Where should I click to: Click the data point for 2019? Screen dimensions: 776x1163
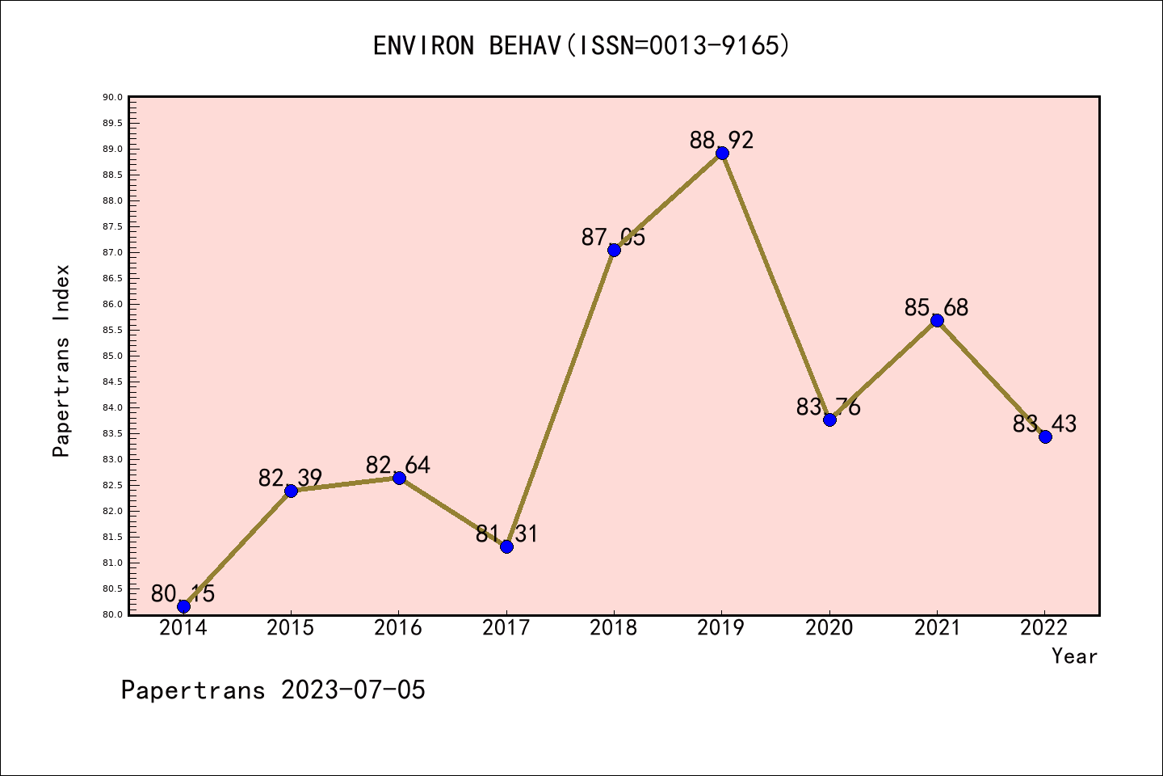[722, 154]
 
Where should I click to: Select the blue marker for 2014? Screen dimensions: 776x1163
[183, 606]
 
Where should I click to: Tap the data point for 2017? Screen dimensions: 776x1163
[506, 546]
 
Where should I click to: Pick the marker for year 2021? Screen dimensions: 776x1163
[937, 321]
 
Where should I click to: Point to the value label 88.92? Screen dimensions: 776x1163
[721, 140]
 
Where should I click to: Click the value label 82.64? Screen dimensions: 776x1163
[398, 465]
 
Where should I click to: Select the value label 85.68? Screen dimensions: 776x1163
[936, 307]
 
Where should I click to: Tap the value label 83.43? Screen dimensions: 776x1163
[1044, 424]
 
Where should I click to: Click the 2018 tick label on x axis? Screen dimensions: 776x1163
[614, 628]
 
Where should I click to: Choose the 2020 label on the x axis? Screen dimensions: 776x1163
[829, 628]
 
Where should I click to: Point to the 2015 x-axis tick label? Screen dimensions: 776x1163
[291, 628]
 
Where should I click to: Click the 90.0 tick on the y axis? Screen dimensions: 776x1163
[113, 98]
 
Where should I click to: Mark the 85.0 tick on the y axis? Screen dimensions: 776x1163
[113, 356]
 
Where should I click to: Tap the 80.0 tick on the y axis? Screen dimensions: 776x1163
[113, 614]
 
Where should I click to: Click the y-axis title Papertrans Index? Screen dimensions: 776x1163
[61, 361]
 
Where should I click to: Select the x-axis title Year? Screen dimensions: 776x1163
[1074, 656]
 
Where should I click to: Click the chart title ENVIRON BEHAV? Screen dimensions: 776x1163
[581, 46]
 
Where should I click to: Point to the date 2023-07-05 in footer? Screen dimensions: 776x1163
[353, 690]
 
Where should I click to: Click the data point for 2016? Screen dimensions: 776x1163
[399, 478]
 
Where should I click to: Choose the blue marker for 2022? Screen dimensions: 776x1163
[1045, 437]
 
